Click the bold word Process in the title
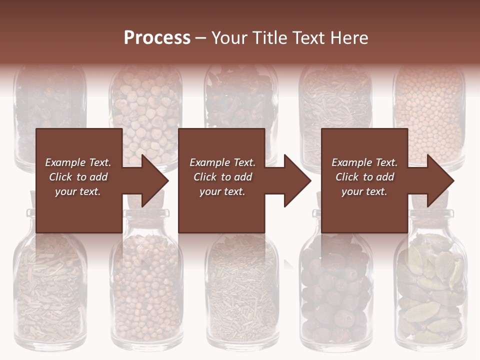(157, 38)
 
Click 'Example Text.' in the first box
(78, 162)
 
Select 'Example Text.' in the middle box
(222, 162)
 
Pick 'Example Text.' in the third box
(364, 162)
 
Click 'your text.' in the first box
(78, 191)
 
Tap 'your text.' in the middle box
(222, 191)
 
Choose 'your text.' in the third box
(364, 191)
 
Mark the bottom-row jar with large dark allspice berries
(335, 295)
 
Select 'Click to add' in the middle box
(222, 177)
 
